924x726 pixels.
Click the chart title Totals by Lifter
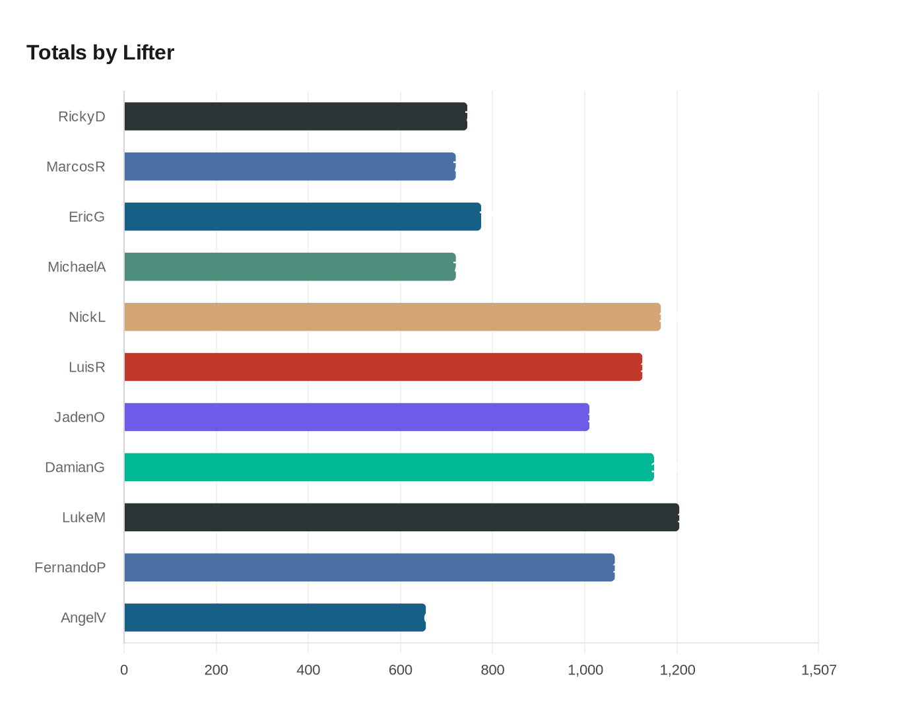100,53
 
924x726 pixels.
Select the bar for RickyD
296,116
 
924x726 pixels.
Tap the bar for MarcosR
290,166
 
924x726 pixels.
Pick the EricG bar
302,216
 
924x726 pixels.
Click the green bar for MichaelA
290,267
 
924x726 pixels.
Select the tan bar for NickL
392,317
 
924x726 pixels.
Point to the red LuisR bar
383,367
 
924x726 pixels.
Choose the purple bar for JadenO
356,417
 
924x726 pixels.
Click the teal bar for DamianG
389,467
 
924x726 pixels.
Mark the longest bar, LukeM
401,517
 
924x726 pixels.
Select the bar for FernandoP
369,568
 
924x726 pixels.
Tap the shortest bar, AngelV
275,618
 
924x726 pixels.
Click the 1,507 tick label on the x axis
818,671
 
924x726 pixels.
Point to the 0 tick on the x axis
124,671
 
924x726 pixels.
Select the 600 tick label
401,671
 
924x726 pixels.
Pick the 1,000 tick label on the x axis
585,671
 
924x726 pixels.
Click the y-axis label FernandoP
70,568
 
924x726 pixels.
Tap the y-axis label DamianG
75,467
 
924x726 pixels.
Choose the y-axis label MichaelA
77,267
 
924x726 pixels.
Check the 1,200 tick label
677,671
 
